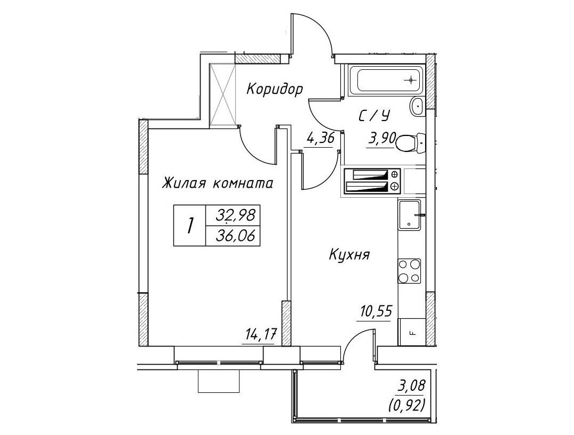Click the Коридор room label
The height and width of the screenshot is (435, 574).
click(275, 89)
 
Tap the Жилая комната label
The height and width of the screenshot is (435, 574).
click(218, 183)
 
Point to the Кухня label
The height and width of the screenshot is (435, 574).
click(349, 254)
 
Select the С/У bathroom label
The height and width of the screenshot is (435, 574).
click(373, 116)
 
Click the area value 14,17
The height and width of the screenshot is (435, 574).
click(258, 334)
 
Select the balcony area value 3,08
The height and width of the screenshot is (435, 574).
click(411, 385)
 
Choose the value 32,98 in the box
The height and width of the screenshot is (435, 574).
click(235, 215)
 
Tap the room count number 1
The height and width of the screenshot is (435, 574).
click(189, 225)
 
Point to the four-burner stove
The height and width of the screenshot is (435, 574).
click(409, 271)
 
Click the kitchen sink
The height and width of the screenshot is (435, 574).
click(410, 215)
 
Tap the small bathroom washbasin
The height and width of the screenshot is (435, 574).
click(417, 107)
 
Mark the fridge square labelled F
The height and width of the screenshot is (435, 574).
click(411, 332)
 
